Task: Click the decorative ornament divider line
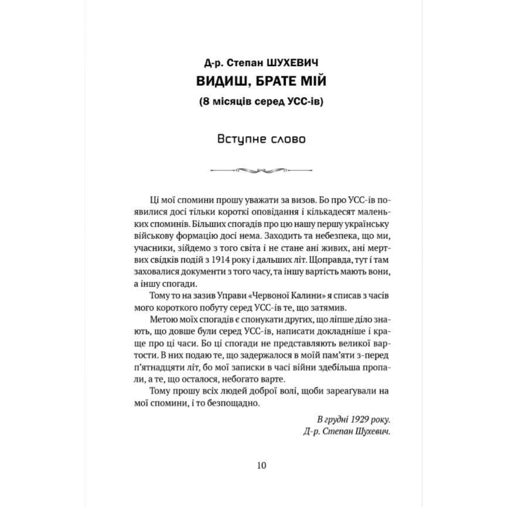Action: click(x=261, y=170)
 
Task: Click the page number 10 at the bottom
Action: click(x=261, y=466)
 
